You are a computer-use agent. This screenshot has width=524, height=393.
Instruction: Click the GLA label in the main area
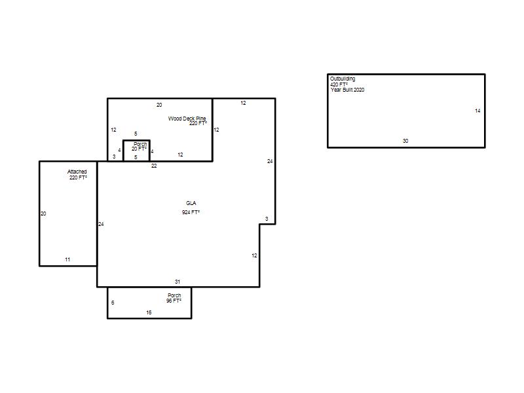(191, 203)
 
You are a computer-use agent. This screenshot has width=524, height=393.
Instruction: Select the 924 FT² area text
(191, 212)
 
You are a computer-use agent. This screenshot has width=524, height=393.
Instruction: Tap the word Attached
(77, 172)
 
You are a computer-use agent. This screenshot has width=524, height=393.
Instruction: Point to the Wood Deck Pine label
(187, 119)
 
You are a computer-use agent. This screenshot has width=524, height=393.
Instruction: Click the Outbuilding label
(343, 79)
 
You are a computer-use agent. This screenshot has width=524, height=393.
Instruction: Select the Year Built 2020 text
(348, 90)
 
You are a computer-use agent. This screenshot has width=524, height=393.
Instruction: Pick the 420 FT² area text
(339, 84)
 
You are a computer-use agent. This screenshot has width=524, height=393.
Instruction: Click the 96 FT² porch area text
(174, 301)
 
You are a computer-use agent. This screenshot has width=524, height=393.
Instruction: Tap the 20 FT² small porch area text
(139, 149)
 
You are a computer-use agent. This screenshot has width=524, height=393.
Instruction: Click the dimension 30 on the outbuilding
(405, 141)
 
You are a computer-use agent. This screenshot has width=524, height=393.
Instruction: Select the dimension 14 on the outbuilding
(477, 111)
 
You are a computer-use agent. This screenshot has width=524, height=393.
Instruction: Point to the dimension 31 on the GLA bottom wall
(178, 282)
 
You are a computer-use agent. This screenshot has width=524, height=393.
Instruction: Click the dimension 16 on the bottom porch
(149, 312)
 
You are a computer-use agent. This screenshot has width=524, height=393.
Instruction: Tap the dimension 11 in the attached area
(67, 259)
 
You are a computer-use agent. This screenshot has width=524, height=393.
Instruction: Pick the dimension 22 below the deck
(154, 166)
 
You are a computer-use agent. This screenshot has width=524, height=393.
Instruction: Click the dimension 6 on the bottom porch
(113, 303)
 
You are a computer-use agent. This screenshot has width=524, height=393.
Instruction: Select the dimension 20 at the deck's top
(159, 105)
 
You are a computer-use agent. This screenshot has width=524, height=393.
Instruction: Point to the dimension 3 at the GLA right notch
(267, 219)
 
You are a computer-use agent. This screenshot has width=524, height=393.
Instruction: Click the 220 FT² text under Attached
(78, 178)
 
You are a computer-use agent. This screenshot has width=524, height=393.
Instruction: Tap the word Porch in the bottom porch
(174, 295)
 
